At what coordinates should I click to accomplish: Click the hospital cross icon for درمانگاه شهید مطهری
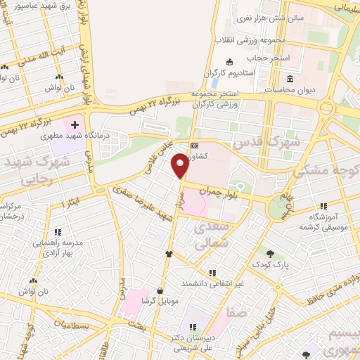[x=75, y=124]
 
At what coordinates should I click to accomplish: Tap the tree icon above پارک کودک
[x=270, y=251]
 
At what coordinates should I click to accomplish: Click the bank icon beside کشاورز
[x=194, y=146]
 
